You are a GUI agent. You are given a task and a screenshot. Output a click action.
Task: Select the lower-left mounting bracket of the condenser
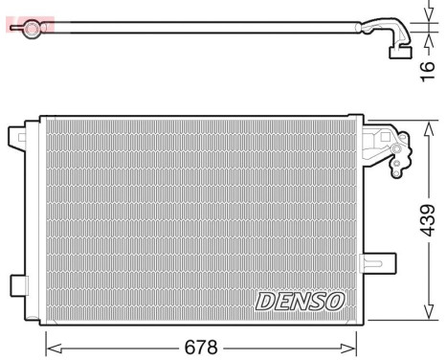18,284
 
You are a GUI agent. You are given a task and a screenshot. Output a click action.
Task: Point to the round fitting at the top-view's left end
33,28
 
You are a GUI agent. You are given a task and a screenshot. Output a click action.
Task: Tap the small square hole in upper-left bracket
17,140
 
